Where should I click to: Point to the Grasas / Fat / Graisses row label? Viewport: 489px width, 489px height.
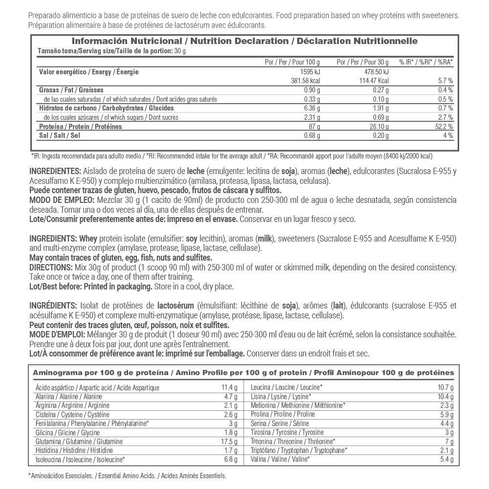coord(71,90)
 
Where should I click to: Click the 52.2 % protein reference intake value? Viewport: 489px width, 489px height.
coord(444,127)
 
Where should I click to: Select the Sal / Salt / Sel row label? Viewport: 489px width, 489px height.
coord(59,135)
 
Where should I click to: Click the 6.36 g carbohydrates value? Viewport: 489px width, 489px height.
coord(311,108)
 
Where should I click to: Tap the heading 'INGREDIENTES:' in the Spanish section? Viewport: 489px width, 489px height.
coord(55,172)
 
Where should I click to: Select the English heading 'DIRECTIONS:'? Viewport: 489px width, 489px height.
coord(50,267)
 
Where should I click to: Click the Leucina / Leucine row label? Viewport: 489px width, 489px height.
coord(286,388)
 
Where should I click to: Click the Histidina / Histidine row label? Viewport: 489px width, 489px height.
coord(74,450)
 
